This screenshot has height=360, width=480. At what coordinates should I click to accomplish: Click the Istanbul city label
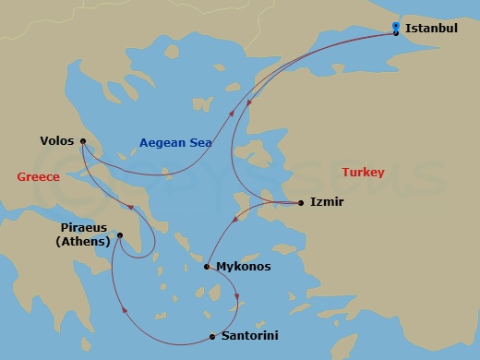(432, 29)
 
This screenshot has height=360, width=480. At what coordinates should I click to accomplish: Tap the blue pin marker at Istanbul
(395, 26)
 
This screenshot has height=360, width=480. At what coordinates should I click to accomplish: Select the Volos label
(57, 141)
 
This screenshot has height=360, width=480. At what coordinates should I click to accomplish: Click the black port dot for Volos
(83, 141)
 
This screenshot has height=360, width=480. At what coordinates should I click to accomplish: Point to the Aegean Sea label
(175, 142)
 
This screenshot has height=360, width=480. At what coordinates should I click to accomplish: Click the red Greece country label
(38, 176)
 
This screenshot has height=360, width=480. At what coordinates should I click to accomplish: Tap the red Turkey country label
(363, 173)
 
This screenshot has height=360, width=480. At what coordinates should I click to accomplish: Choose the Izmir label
(327, 201)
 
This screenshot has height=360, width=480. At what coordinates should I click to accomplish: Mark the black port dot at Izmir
(301, 202)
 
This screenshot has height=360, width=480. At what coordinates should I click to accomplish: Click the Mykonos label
(243, 267)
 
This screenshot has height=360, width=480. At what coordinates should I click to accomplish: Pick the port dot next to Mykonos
(206, 267)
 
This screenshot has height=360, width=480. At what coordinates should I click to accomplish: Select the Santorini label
(249, 336)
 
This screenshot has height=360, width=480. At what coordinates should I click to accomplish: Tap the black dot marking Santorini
(212, 336)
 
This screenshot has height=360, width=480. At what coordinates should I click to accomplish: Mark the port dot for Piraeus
(120, 235)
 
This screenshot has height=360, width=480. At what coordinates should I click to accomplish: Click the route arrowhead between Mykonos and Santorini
(237, 297)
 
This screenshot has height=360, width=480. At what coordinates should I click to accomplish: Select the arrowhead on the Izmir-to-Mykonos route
(236, 220)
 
